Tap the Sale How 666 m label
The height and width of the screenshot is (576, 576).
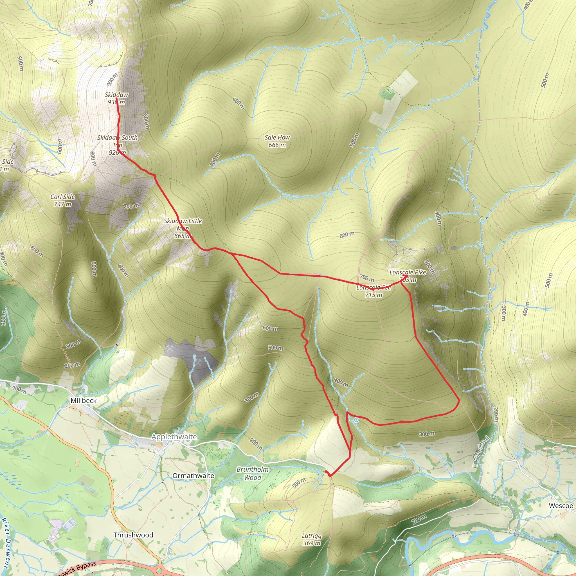click(x=277, y=141)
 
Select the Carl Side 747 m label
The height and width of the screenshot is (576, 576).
click(x=63, y=200)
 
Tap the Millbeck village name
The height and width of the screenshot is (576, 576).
click(x=84, y=400)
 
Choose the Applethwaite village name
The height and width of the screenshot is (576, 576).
click(x=174, y=437)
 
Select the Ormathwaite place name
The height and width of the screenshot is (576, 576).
click(x=193, y=476)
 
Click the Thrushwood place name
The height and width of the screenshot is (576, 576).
click(x=133, y=535)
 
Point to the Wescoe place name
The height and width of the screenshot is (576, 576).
click(x=561, y=506)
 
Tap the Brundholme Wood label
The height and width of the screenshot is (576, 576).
click(x=253, y=473)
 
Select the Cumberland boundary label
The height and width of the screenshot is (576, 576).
click(x=481, y=452)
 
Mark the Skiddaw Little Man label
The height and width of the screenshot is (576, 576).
click(x=183, y=228)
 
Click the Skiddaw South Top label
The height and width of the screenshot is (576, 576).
click(x=118, y=145)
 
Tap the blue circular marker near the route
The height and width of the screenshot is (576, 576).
click(x=356, y=420)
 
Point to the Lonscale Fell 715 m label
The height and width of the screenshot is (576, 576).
click(x=373, y=291)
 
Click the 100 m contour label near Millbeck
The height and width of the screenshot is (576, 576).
click(x=19, y=389)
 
